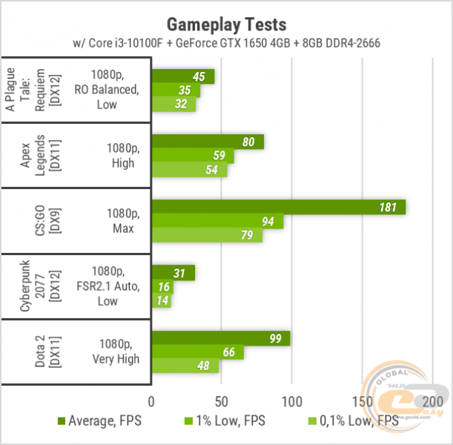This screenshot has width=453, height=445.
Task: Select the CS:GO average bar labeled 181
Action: pos(278,207)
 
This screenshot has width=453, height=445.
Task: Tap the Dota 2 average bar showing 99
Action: pos(220,338)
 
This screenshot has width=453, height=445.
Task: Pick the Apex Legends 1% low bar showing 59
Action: pos(193,156)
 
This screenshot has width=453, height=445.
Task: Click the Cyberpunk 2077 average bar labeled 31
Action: pos(173,273)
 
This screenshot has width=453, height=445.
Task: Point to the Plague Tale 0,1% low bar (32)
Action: pos(173,105)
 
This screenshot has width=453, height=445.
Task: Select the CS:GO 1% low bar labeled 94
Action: pos(217,221)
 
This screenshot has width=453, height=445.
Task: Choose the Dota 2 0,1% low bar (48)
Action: pos(185,366)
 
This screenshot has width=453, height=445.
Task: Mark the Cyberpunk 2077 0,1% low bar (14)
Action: pos(161,300)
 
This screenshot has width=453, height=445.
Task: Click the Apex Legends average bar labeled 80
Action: pos(208,142)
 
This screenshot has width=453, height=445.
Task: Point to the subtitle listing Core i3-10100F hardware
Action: pos(227,43)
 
